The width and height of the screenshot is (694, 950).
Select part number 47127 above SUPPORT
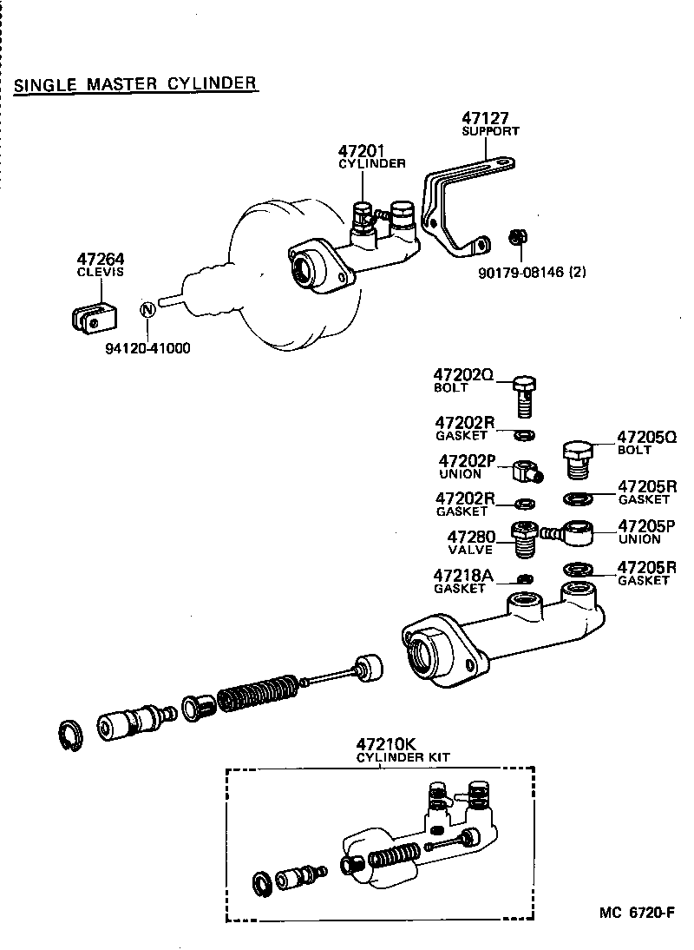(485, 118)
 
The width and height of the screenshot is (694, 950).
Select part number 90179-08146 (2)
(532, 272)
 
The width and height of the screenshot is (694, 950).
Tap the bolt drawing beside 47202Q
(523, 395)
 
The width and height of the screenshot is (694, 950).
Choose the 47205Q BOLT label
(646, 442)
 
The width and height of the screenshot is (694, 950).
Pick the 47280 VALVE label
(471, 543)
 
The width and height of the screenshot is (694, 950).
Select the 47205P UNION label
(645, 531)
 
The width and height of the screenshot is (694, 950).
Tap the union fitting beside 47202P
(526, 472)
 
